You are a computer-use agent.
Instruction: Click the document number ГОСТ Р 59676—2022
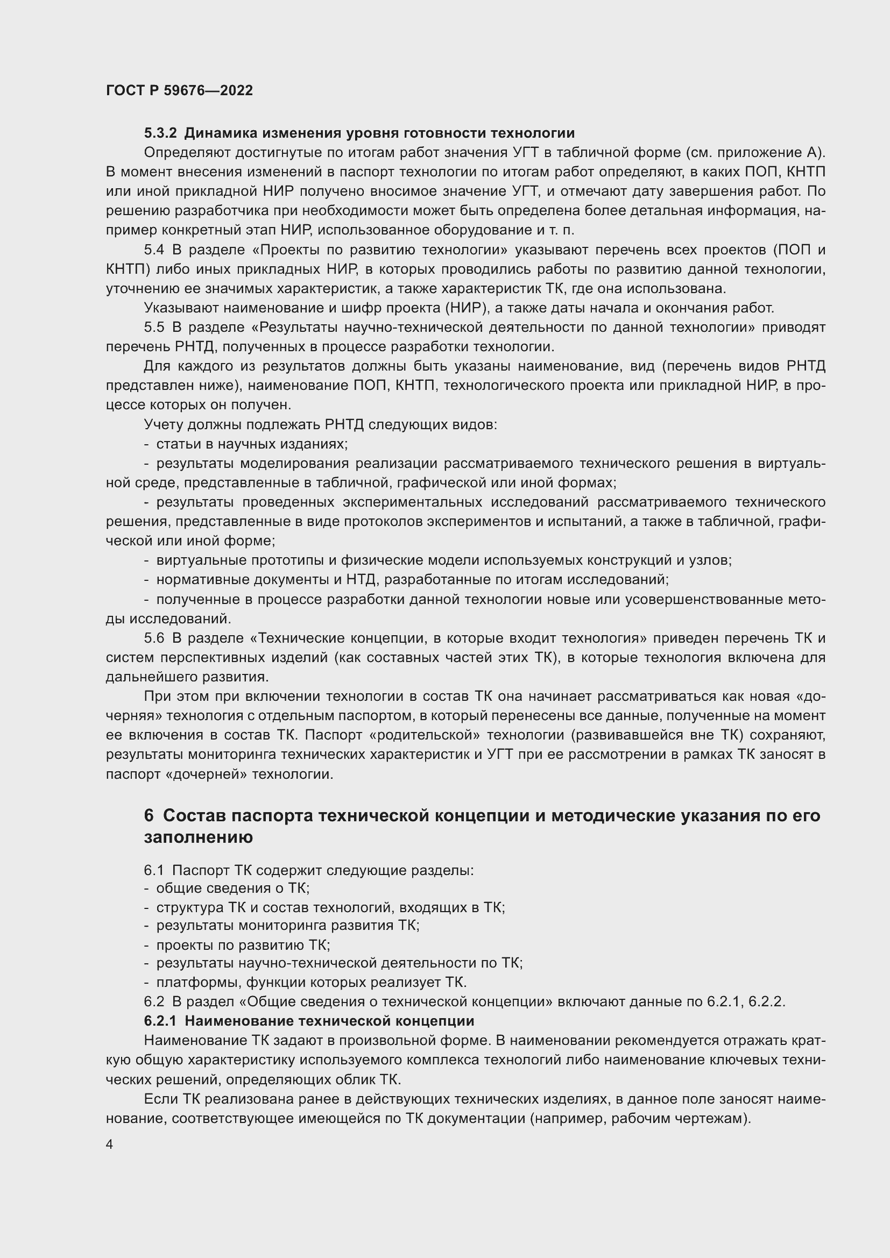click(179, 91)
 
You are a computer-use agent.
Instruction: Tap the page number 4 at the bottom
click(110, 1145)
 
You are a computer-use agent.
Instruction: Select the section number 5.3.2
click(160, 133)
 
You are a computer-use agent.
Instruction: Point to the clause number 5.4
click(154, 250)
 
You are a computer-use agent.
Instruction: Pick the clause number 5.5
click(154, 327)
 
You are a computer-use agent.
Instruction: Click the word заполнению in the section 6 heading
click(199, 837)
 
